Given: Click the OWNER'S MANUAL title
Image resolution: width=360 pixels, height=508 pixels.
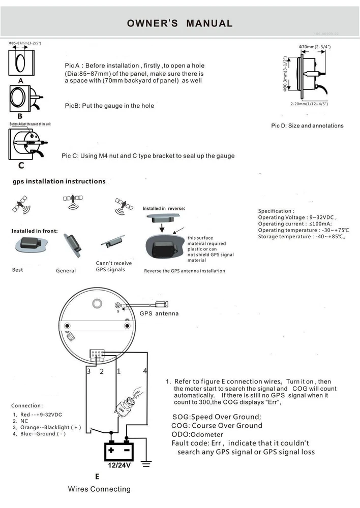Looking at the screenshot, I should [179, 23].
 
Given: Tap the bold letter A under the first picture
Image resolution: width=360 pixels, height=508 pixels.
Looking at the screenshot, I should [21, 81].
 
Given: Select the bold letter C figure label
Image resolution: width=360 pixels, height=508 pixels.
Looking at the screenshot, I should [21, 166].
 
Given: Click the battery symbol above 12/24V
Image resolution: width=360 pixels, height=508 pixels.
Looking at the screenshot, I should [118, 450].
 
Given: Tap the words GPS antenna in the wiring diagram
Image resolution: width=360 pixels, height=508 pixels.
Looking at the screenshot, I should [159, 313].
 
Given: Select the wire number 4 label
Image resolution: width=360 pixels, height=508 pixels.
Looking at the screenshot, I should [145, 371].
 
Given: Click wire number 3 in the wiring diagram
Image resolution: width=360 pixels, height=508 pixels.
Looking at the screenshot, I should [88, 371].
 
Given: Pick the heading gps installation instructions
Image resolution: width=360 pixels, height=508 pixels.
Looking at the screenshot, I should [59, 181].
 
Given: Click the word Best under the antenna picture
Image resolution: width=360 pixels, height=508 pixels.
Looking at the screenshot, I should [18, 270].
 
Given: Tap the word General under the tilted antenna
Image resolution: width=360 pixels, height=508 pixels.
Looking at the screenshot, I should [66, 271].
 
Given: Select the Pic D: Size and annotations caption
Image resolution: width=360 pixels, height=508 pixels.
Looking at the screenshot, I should [307, 125].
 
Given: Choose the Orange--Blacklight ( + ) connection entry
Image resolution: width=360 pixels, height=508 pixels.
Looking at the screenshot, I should [47, 428].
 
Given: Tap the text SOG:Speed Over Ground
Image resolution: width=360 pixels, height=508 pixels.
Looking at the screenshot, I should [217, 417].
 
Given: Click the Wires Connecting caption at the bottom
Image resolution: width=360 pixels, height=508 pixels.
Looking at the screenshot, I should [99, 489].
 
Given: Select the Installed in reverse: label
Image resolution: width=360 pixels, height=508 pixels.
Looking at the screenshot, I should [164, 209].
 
